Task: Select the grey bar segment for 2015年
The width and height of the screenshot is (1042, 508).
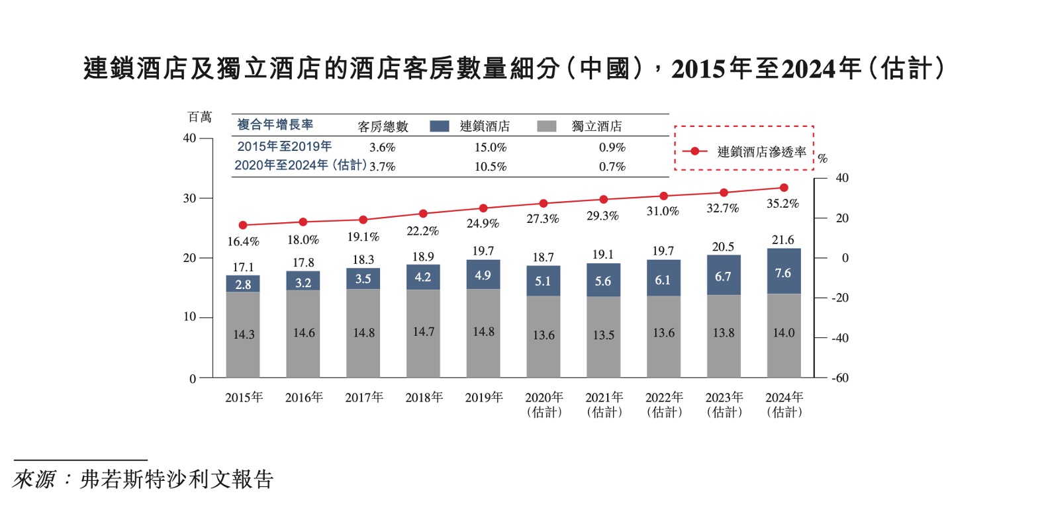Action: click(x=243, y=334)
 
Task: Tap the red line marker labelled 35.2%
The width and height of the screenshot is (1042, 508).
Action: click(x=784, y=188)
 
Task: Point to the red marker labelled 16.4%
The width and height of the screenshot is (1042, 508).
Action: click(x=243, y=226)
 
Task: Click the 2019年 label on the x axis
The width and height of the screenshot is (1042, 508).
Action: click(x=484, y=398)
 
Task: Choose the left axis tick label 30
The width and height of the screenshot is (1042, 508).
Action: click(x=190, y=198)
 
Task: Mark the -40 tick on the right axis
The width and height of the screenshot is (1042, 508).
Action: click(x=840, y=338)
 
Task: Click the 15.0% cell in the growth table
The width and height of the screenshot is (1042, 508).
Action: click(x=491, y=148)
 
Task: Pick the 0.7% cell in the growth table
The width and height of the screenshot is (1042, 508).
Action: click(x=612, y=167)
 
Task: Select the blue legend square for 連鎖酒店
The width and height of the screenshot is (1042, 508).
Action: click(x=439, y=126)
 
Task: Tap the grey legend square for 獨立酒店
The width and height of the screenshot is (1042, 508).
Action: click(x=547, y=126)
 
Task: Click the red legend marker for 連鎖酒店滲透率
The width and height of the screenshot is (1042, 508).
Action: click(x=694, y=151)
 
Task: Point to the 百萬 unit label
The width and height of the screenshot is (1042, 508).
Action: click(x=200, y=117)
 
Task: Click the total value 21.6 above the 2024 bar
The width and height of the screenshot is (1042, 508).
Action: click(x=783, y=240)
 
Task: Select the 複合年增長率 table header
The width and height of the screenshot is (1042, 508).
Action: click(x=275, y=124)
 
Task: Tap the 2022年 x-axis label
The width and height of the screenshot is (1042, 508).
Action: click(x=664, y=398)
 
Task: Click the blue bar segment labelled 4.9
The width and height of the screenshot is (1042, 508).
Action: click(x=483, y=275)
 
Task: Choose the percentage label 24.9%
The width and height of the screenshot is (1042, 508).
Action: click(x=483, y=224)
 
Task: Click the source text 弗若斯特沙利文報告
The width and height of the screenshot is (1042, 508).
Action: click(x=177, y=480)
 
